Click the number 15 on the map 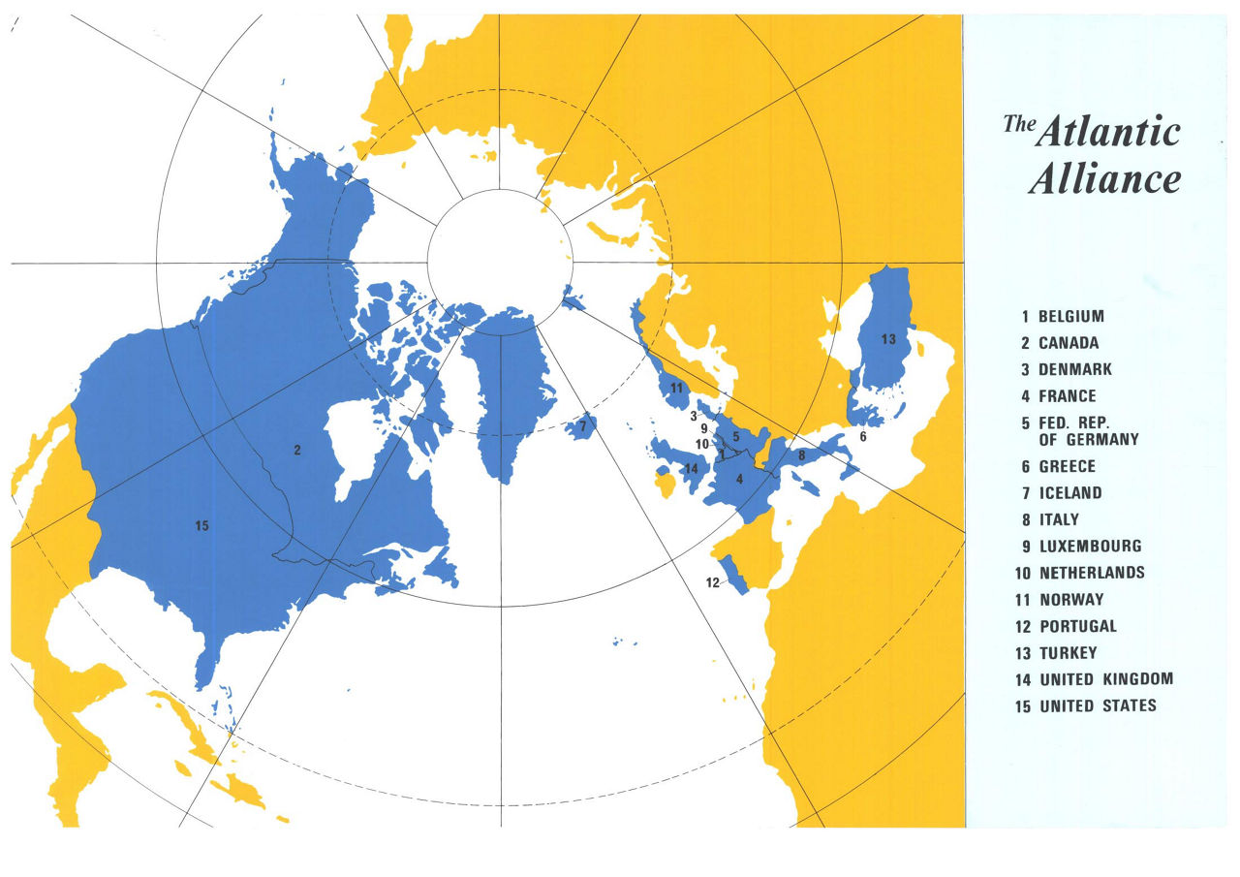click(x=201, y=526)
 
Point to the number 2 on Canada click(x=297, y=450)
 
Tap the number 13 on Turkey click(x=888, y=339)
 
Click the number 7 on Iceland click(x=582, y=425)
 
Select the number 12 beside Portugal click(x=713, y=582)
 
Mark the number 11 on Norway click(x=677, y=389)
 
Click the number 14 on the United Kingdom click(x=691, y=469)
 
